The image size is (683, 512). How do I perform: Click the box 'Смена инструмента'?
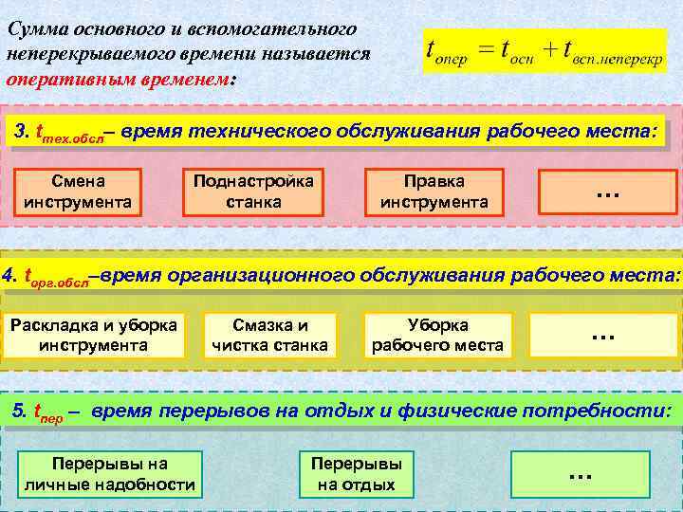pos(78,191)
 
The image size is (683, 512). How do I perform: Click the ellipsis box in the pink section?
pos(607,191)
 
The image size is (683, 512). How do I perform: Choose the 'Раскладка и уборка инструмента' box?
pos(93,335)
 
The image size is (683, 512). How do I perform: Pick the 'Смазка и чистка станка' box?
pos(270,335)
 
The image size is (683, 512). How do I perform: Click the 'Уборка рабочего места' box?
pos(437,335)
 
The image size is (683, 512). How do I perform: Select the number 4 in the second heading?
pos(9,276)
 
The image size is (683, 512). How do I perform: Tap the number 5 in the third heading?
pos(18,412)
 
